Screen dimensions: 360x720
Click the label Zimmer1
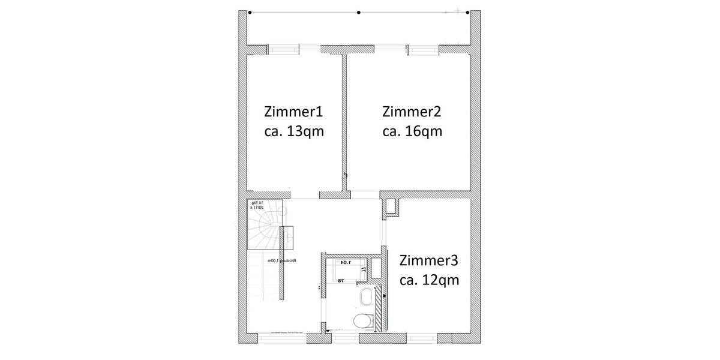[x=293, y=112]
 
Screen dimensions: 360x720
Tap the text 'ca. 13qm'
[x=293, y=131]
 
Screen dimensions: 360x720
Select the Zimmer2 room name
[x=412, y=112]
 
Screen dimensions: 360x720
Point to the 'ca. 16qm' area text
[x=412, y=131]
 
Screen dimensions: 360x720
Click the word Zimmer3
[x=429, y=260]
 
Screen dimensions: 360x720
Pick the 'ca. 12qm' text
[x=429, y=280]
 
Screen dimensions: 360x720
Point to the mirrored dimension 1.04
[x=346, y=263]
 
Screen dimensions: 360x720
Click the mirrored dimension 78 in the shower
[x=340, y=280]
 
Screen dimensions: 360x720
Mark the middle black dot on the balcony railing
[x=359, y=12]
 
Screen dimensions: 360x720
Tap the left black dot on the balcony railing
[x=250, y=12]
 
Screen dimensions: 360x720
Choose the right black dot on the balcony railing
[x=468, y=12]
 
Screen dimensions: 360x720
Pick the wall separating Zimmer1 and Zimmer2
[x=345, y=120]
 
